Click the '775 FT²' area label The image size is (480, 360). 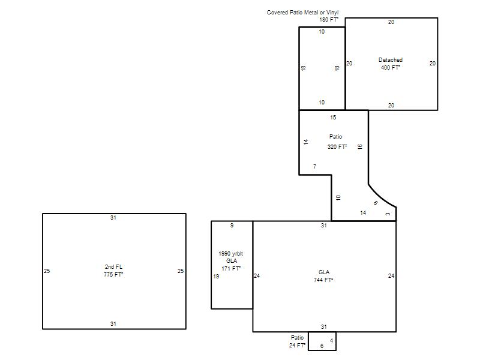pyautogui.click(x=113, y=275)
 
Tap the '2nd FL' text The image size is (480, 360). pyautogui.click(x=113, y=267)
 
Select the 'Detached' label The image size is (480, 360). pyautogui.click(x=391, y=60)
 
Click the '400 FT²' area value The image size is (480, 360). pyautogui.click(x=391, y=68)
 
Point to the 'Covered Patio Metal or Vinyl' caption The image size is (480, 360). pyautogui.click(x=303, y=13)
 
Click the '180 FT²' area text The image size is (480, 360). pyautogui.click(x=329, y=20)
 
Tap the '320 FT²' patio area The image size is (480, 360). pyautogui.click(x=337, y=147)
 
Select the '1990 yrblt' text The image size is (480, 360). pyautogui.click(x=231, y=254)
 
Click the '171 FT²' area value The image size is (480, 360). pyautogui.click(x=231, y=269)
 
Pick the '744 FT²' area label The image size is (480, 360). pyautogui.click(x=323, y=280)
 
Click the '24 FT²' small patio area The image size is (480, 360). pyautogui.click(x=297, y=346)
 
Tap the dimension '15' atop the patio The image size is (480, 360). pyautogui.click(x=333, y=118)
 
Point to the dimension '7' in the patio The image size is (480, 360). pyautogui.click(x=314, y=167)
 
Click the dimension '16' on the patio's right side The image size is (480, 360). pyautogui.click(x=360, y=146)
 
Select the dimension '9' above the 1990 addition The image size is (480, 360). pyautogui.click(x=232, y=226)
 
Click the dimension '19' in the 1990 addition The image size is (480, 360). pyautogui.click(x=216, y=277)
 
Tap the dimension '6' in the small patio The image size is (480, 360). pyautogui.click(x=322, y=346)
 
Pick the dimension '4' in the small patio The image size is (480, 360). pyautogui.click(x=332, y=341)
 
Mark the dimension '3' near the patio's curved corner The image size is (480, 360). pyautogui.click(x=388, y=214)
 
